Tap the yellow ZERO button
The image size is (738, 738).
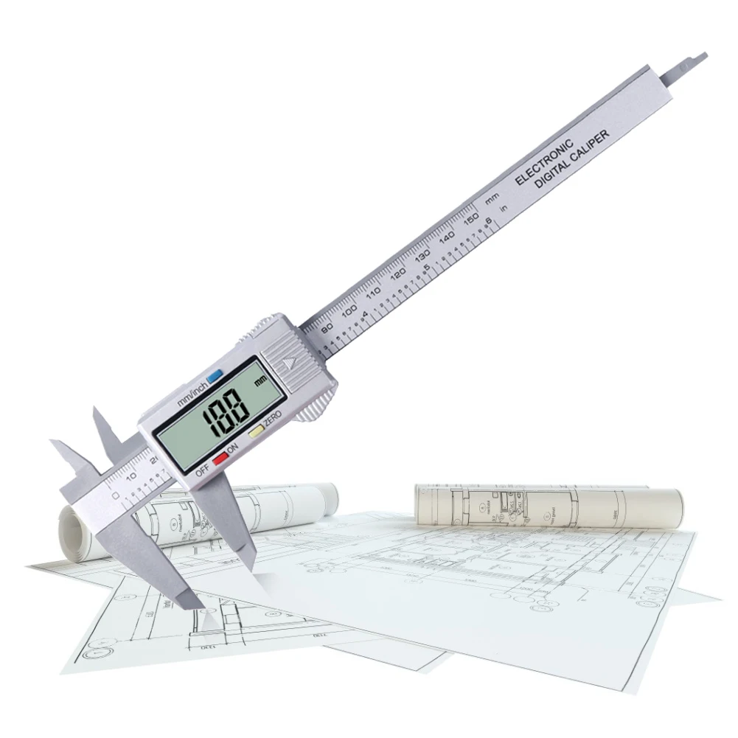click(x=256, y=432)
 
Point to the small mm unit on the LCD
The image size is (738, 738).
click(x=260, y=382)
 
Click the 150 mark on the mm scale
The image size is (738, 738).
click(x=472, y=220)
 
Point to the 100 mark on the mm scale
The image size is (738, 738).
click(x=349, y=309)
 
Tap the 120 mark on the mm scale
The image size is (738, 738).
click(x=398, y=274)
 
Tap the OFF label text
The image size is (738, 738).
click(x=202, y=473)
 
